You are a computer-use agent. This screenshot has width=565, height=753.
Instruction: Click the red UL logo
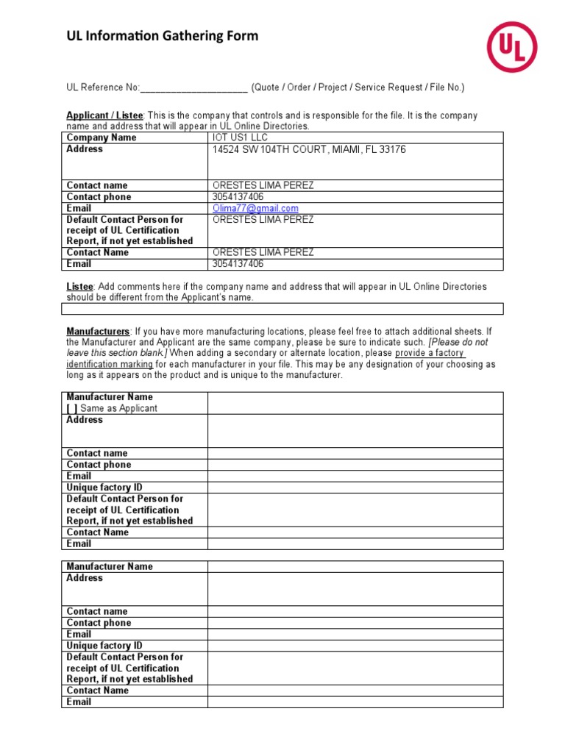tap(511, 46)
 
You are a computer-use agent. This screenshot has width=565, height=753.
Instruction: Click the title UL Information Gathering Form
tap(163, 36)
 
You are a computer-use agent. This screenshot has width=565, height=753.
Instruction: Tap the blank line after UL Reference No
tap(193, 88)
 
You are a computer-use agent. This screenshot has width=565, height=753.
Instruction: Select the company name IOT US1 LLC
tap(240, 138)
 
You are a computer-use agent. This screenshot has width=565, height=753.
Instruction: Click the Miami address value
tap(309, 149)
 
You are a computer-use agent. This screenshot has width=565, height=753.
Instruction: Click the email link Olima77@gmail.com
tap(255, 208)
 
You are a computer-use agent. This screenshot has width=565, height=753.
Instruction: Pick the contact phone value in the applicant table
tap(238, 197)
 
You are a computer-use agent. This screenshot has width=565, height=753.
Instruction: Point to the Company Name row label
tap(102, 138)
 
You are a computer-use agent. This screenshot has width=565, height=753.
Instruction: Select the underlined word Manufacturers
tap(98, 331)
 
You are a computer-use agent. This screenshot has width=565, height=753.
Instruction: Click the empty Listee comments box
tap(282, 309)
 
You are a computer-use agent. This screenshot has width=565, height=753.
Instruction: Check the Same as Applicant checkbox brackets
tap(72, 408)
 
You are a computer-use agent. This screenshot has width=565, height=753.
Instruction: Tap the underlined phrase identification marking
tap(110, 364)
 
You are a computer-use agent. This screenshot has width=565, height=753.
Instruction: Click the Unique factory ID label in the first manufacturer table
tap(104, 488)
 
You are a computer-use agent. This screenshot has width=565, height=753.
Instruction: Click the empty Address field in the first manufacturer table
tap(355, 430)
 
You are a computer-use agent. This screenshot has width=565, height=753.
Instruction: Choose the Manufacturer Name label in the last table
tap(110, 566)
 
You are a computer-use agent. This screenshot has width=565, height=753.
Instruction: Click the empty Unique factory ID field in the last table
tap(355, 646)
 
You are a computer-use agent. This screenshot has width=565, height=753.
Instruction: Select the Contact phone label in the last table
tap(99, 623)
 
